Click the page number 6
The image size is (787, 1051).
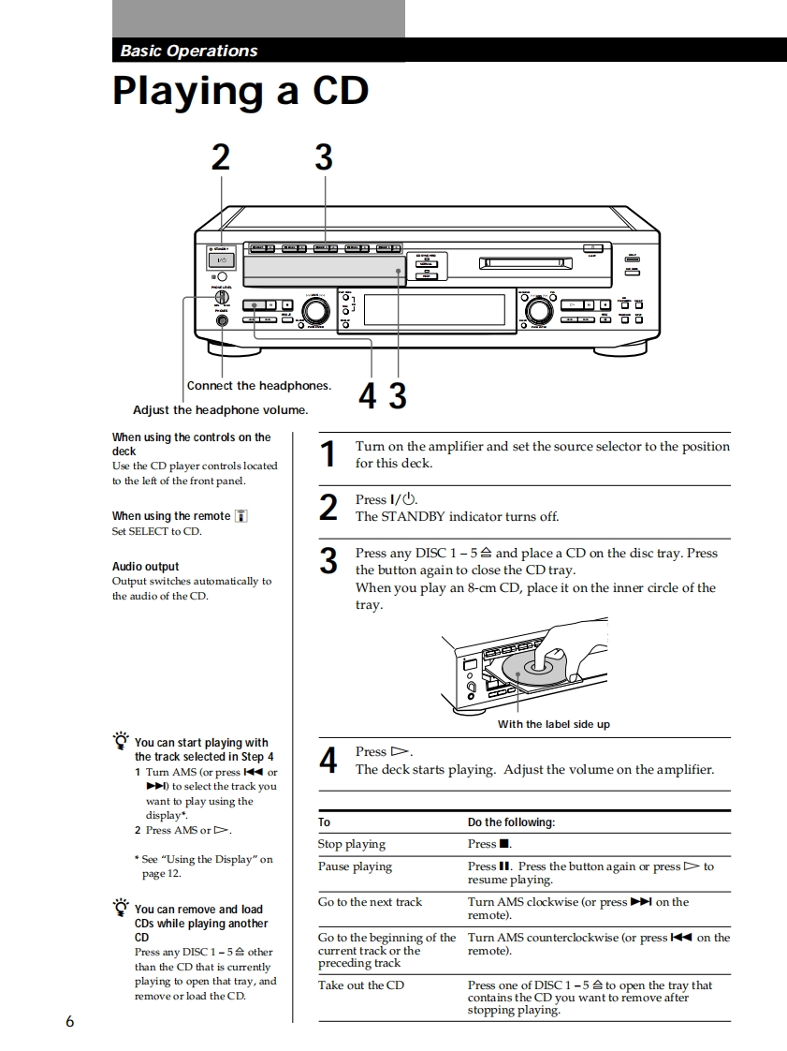(69, 1021)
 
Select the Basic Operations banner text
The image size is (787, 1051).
(189, 52)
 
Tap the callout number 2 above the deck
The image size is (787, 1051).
(220, 157)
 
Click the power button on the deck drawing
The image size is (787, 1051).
(222, 259)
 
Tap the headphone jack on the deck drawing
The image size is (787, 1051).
(222, 321)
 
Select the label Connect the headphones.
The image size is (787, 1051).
(259, 386)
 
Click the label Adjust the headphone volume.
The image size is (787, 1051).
(220, 410)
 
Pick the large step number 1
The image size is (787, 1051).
(328, 454)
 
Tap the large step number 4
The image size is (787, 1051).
(328, 761)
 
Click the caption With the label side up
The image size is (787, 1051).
(553, 724)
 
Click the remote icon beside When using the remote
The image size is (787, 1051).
(240, 516)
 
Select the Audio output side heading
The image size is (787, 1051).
(145, 567)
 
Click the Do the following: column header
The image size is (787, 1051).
(511, 822)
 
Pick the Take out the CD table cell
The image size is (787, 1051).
(361, 985)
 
